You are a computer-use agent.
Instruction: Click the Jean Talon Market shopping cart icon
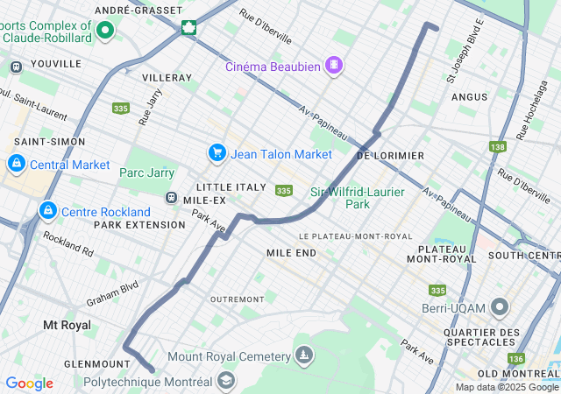[x=217, y=153]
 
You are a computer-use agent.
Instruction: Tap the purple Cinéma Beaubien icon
[x=334, y=65]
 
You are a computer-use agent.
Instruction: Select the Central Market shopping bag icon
[x=16, y=164]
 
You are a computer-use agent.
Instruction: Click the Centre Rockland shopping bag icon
[x=48, y=211]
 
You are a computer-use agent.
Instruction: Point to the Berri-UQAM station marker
[x=501, y=307]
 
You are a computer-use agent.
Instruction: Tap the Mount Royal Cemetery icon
[x=303, y=355]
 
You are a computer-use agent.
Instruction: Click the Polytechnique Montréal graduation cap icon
[x=226, y=381]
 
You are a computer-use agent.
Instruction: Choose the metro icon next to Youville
[x=16, y=67]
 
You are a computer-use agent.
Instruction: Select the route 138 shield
[x=498, y=147]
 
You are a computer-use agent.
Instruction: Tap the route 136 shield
[x=517, y=358]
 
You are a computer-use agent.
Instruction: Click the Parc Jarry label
[x=146, y=173]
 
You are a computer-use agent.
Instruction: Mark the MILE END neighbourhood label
[x=291, y=252]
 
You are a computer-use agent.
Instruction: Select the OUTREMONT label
[x=237, y=299]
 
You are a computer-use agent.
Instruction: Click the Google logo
[x=29, y=383]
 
